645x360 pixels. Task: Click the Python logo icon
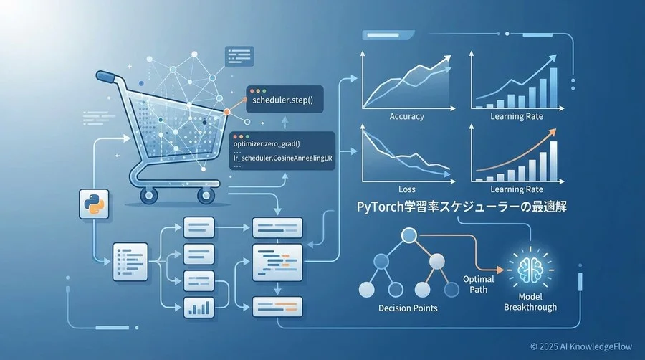pos(94,204)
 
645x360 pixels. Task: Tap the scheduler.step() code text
pos(282,100)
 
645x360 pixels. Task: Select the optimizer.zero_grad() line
pos(267,144)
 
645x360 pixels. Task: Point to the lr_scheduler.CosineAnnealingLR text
pos(282,158)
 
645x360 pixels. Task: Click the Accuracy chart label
pos(406,116)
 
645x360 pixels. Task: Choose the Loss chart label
pos(407,189)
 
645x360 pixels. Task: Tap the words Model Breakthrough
pos(530,302)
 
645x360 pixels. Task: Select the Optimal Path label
pos(479,284)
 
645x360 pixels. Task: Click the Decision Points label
pos(408,308)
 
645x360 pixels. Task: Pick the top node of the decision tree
pos(409,235)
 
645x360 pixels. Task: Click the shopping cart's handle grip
pos(106,76)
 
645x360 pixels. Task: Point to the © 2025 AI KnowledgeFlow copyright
pos(580,346)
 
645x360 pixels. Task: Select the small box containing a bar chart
pos(199,308)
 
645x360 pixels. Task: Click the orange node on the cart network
pos(226,112)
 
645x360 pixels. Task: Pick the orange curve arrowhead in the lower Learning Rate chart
pos(552,132)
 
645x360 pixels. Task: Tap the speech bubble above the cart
pos(239,57)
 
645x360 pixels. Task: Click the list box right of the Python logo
pos(130,262)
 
